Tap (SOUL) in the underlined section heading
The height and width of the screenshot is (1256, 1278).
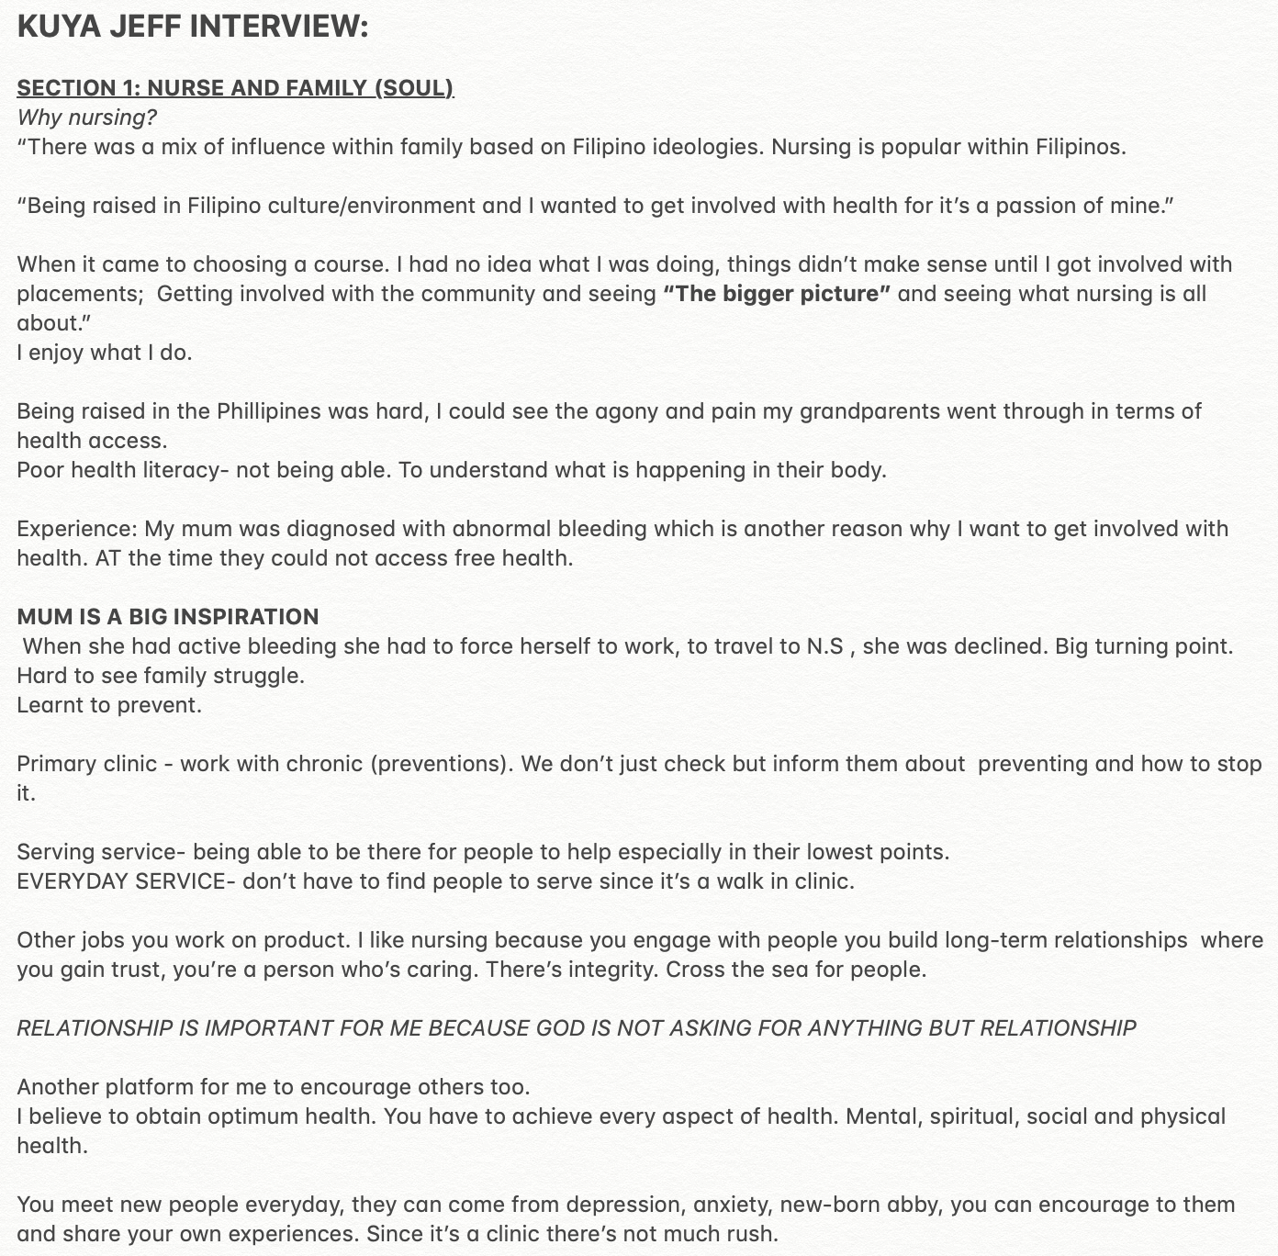click(413, 88)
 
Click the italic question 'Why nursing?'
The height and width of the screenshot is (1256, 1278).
click(87, 118)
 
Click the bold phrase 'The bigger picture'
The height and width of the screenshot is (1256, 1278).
click(777, 294)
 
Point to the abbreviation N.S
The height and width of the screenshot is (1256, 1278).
click(824, 646)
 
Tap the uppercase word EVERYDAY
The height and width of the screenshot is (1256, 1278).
click(73, 881)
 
